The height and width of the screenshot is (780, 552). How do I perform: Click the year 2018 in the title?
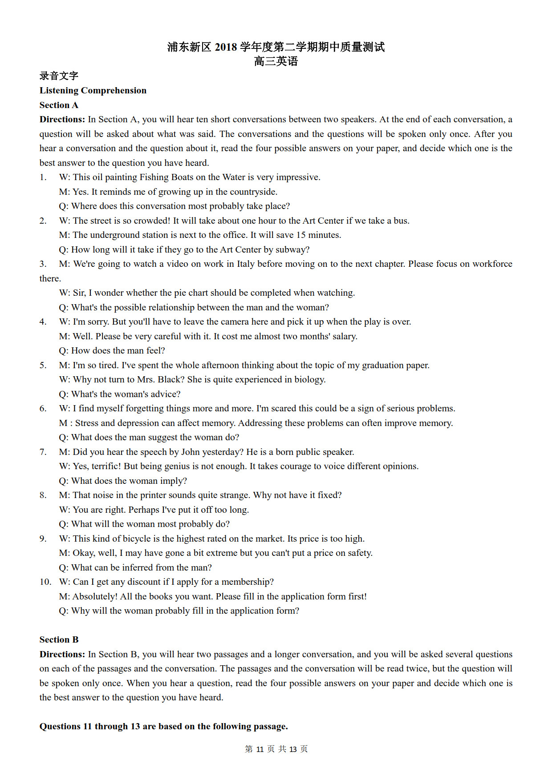[x=226, y=47]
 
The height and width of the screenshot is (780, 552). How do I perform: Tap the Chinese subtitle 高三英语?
[x=276, y=61]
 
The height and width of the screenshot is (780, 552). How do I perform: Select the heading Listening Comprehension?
[x=93, y=90]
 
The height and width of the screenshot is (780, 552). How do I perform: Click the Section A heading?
[x=59, y=105]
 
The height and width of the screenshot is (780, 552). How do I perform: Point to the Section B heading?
[x=59, y=639]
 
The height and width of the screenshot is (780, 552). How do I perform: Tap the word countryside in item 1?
[x=252, y=192]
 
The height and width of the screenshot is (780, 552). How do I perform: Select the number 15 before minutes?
[x=301, y=235]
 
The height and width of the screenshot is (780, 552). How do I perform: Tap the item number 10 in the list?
[x=45, y=582]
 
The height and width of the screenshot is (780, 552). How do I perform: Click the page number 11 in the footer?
[x=260, y=749]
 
